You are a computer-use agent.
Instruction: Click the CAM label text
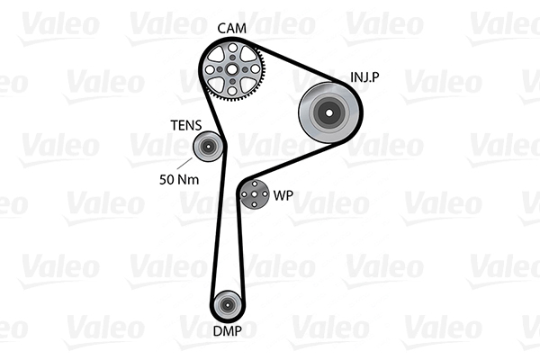pyautogui.click(x=232, y=28)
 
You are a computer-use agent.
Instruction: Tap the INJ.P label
pyautogui.click(x=364, y=76)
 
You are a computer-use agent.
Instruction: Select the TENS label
pyautogui.click(x=186, y=125)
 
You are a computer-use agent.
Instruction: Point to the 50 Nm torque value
pyautogui.click(x=179, y=179)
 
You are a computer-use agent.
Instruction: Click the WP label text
pyautogui.click(x=283, y=195)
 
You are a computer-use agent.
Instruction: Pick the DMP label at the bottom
pyautogui.click(x=227, y=330)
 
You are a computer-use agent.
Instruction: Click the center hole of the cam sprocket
pyautogui.click(x=232, y=69)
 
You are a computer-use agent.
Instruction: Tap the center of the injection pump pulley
pyautogui.click(x=328, y=112)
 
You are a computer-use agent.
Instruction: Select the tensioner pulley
pyautogui.click(x=208, y=147)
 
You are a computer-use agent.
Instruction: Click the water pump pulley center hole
pyautogui.click(x=254, y=194)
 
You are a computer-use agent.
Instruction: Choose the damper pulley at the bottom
pyautogui.click(x=227, y=304)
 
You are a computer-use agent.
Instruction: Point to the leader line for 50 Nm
pyautogui.click(x=184, y=164)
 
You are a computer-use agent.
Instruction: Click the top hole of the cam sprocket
pyautogui.click(x=232, y=47)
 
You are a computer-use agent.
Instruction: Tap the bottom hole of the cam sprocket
pyautogui.click(x=232, y=91)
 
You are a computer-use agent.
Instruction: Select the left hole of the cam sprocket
pyautogui.click(x=210, y=69)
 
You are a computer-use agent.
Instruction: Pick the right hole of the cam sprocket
pyautogui.click(x=255, y=69)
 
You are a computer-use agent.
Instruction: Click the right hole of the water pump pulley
pyautogui.click(x=265, y=194)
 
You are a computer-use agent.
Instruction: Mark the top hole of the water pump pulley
pyautogui.click(x=255, y=184)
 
